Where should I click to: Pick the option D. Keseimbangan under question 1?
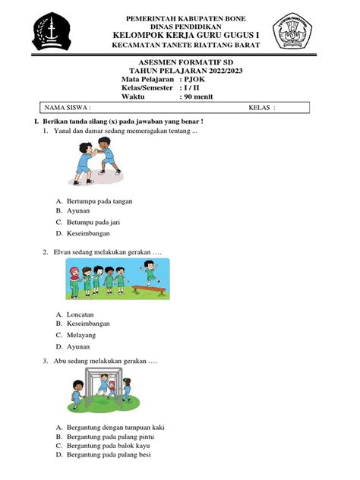[x=89, y=232]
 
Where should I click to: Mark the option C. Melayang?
[x=82, y=334]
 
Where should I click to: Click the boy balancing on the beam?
[x=148, y=270]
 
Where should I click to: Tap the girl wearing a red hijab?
[x=74, y=279]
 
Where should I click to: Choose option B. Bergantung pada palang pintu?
[x=109, y=437]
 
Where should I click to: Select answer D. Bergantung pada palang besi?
[x=108, y=456]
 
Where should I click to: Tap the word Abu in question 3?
[x=60, y=362]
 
